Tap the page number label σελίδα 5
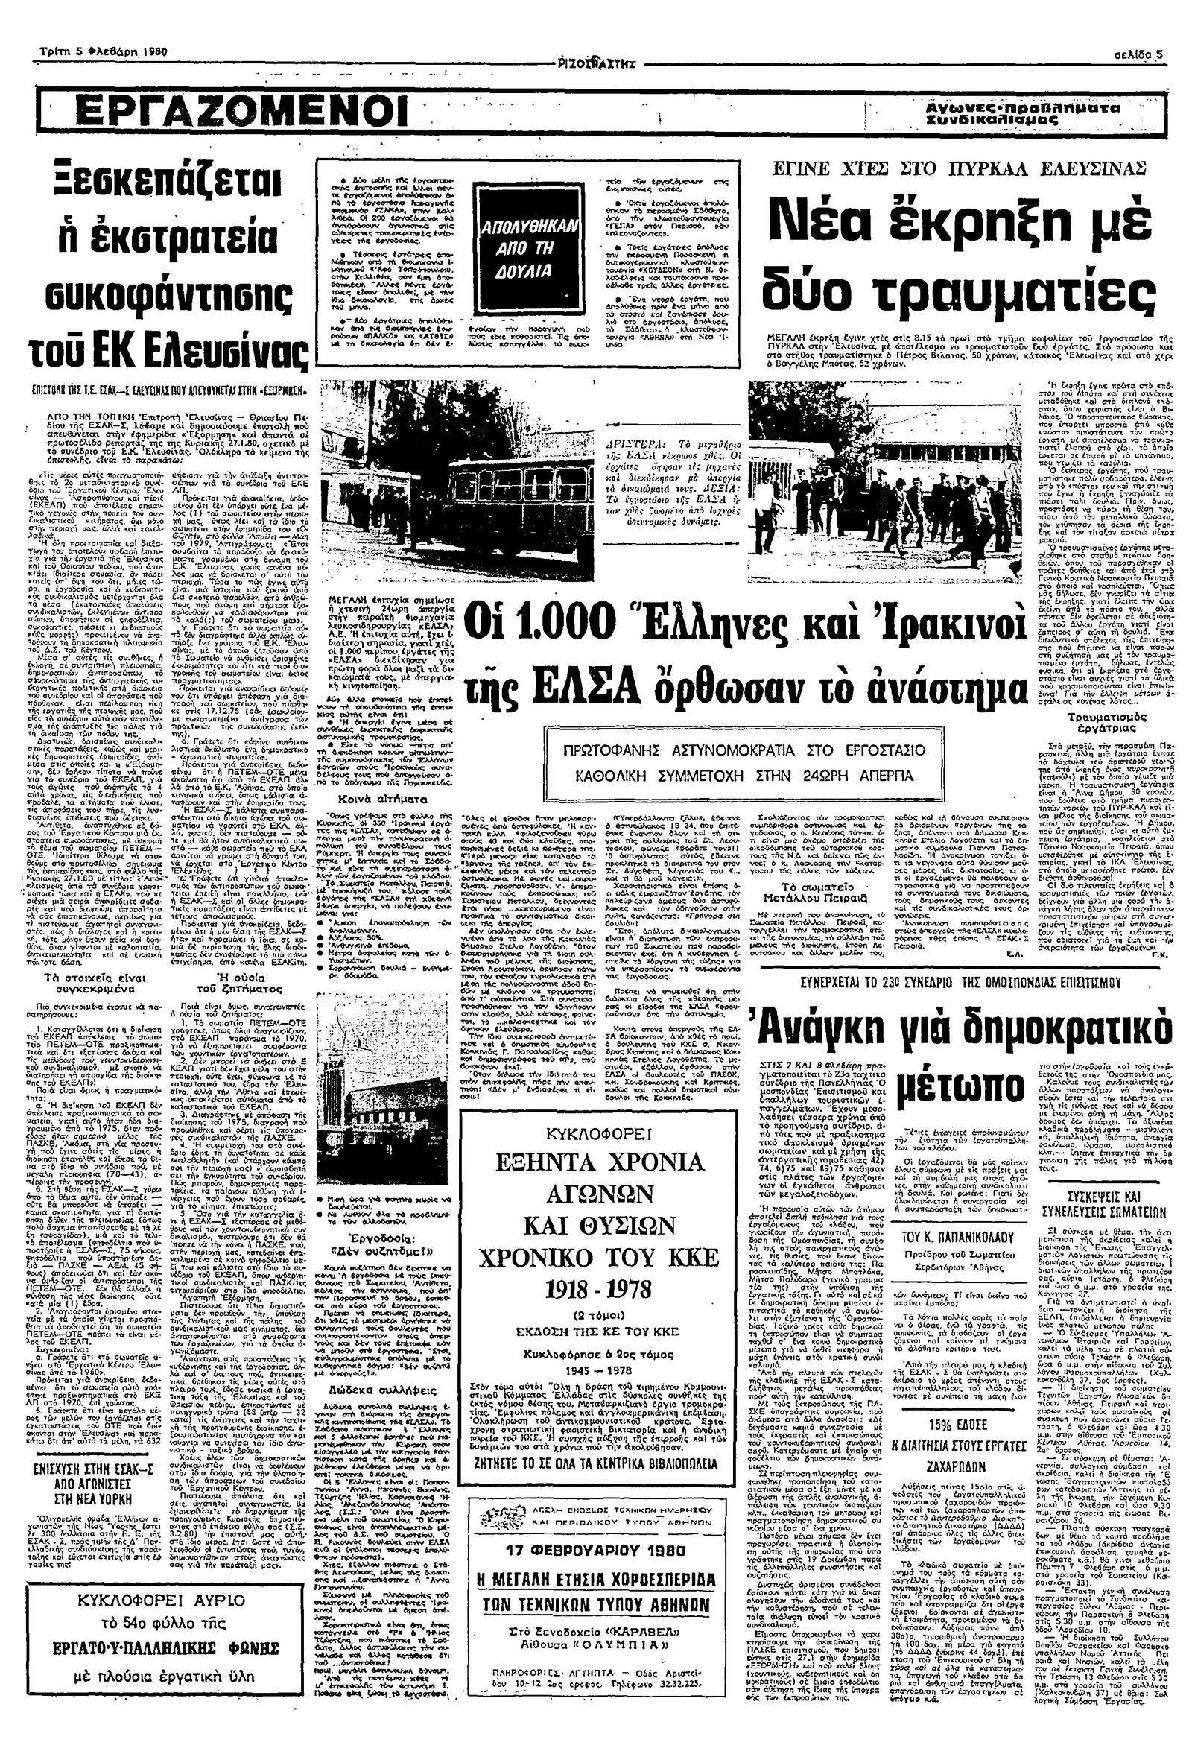(1138, 54)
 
